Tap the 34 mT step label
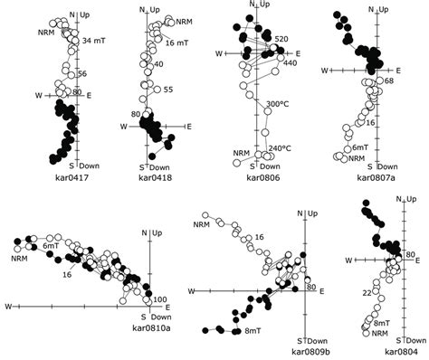[93, 41]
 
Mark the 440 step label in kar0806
[291, 63]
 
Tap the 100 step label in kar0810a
[160, 299]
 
